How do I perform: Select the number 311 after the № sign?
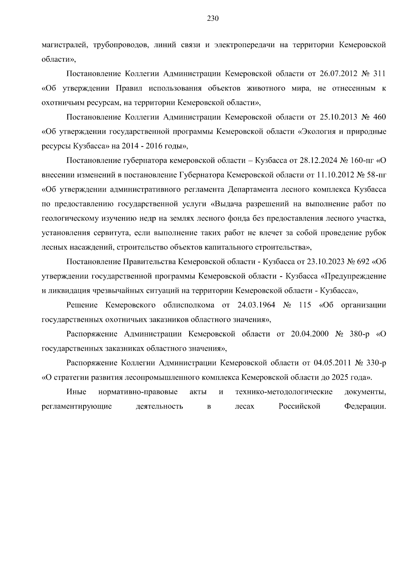click(x=379, y=74)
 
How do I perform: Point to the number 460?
click(x=379, y=117)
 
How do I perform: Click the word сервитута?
click(x=111, y=233)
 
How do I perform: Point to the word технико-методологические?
click(x=284, y=392)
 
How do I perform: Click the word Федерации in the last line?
click(x=365, y=406)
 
